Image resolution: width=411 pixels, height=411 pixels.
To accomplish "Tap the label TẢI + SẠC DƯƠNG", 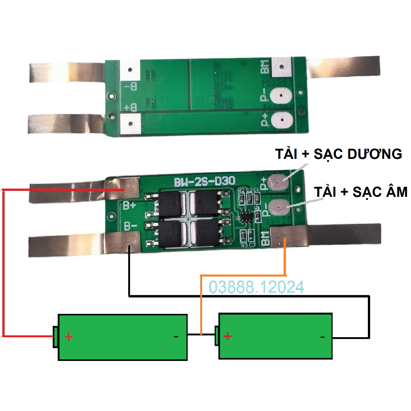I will point(339,154).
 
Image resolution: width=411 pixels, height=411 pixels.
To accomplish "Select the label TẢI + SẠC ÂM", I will point(360,192).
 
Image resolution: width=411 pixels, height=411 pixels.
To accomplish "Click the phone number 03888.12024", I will point(256,287).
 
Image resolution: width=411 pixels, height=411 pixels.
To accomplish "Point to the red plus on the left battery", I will point(69,337).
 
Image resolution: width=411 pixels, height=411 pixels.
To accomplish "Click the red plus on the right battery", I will point(228,336).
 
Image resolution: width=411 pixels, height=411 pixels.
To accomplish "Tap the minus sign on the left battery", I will point(176,337).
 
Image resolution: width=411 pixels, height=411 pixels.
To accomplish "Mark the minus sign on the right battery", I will point(322,337).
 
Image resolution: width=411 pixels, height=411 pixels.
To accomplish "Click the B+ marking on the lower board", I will point(130,205).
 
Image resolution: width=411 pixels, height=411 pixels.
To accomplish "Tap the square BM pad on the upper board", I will point(282,67).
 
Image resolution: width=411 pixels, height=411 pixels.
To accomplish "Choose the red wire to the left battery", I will point(3,259).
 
